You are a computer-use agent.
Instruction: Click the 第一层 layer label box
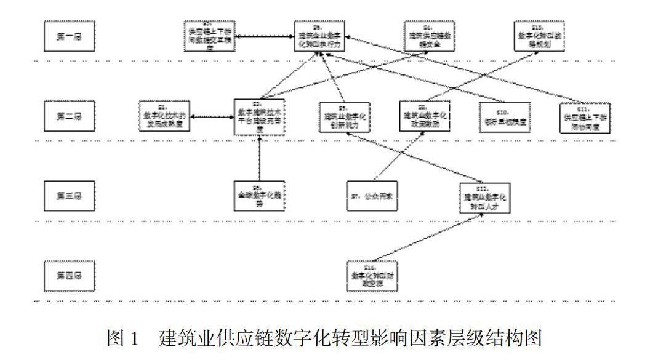[69, 36]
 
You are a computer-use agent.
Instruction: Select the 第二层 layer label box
[69, 116]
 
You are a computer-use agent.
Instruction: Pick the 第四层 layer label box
[69, 275]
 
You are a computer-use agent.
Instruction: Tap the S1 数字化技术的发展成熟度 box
[164, 116]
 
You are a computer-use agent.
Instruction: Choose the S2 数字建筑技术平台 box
[261, 116]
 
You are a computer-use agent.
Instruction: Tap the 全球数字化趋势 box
[261, 196]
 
